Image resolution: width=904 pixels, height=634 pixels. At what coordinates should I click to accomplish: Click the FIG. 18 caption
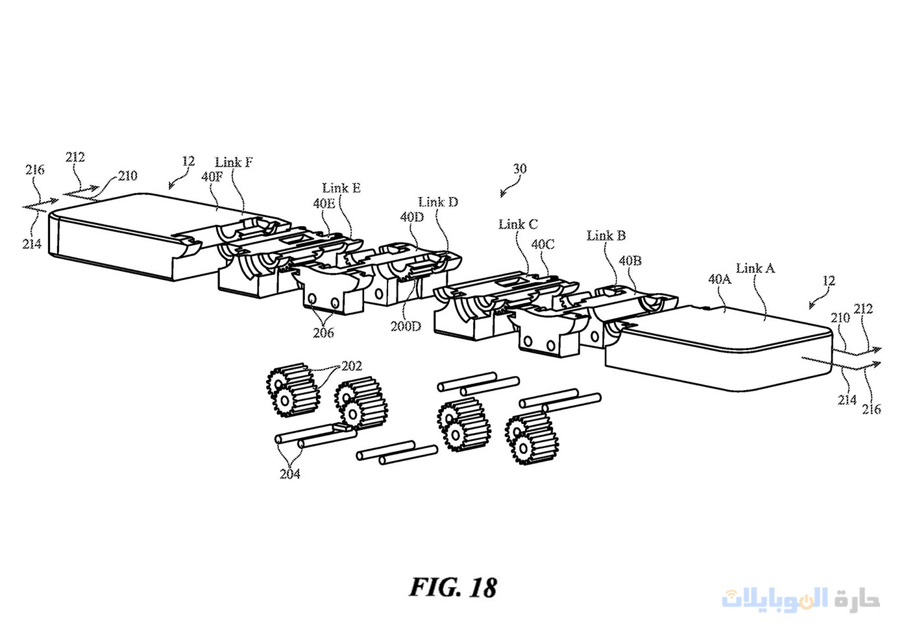[x=452, y=587]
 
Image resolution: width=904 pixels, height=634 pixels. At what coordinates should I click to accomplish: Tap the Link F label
[x=234, y=162]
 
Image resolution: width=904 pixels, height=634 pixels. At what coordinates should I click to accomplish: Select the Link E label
[x=341, y=188]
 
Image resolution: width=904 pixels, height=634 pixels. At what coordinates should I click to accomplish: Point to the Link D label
[x=438, y=202]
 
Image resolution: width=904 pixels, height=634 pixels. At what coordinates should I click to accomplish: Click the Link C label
[x=518, y=224]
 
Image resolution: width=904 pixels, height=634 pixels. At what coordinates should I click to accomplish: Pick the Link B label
[x=606, y=235]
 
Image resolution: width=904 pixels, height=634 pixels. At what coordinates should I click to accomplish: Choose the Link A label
[x=755, y=268]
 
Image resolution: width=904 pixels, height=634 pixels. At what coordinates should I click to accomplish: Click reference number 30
[x=520, y=169]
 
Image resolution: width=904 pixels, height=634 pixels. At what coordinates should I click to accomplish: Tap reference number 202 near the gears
[x=352, y=366]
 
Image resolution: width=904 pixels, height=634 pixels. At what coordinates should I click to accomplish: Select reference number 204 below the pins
[x=290, y=474]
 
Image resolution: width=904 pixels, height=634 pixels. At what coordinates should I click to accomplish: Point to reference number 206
[x=323, y=333]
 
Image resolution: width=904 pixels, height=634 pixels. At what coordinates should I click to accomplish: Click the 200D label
[x=406, y=326]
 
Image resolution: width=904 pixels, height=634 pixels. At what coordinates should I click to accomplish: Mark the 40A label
[x=720, y=279]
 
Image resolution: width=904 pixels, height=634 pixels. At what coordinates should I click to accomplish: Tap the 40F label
[x=212, y=176]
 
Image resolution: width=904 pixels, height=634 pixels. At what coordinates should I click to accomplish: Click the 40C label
[x=543, y=244]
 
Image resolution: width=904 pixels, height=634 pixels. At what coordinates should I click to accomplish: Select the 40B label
[x=630, y=261]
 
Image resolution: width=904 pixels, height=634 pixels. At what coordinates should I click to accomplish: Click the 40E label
[x=324, y=203]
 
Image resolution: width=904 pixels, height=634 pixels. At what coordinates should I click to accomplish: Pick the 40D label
[x=412, y=217]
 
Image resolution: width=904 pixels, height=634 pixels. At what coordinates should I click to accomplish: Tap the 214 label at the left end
[x=32, y=244]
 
